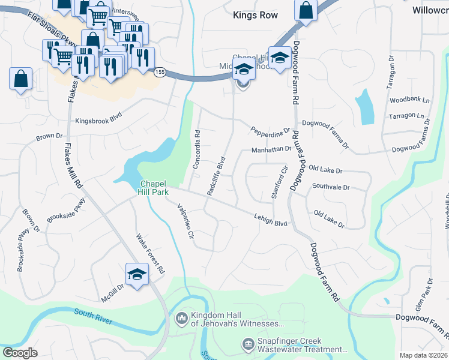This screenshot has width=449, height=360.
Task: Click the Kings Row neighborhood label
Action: (x=255, y=15)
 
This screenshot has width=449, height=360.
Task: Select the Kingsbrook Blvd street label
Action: (x=98, y=121)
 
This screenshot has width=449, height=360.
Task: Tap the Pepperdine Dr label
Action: (x=270, y=130)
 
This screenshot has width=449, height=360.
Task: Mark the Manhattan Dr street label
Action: (x=271, y=149)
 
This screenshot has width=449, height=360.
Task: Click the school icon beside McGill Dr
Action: (x=137, y=275)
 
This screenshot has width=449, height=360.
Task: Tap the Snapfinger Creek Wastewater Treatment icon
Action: (x=247, y=343)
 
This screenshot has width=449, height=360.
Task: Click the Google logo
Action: (x=20, y=352)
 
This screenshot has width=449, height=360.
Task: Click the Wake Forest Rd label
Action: (x=151, y=253)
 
